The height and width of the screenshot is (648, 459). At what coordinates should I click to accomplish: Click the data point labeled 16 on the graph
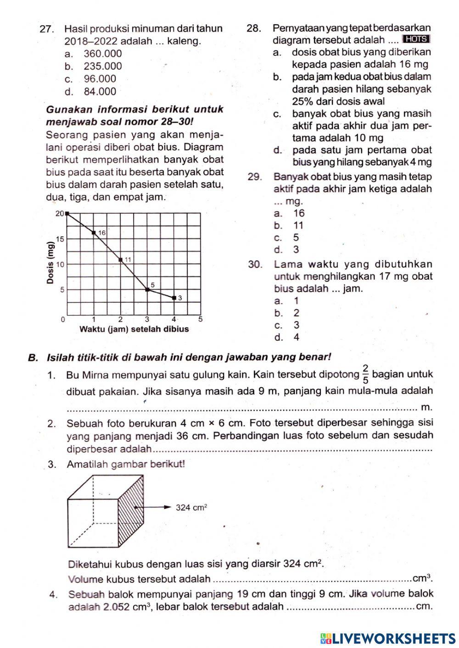94,233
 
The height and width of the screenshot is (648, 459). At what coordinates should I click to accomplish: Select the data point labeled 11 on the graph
121,260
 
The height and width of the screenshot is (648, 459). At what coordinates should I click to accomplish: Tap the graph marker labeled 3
174,298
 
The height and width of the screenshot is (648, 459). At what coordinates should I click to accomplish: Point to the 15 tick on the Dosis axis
60,239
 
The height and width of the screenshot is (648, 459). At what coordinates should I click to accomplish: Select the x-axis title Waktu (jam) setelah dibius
134,329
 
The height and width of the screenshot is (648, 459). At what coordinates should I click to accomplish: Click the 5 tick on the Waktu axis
201,319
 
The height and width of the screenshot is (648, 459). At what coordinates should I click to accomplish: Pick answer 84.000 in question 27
100,91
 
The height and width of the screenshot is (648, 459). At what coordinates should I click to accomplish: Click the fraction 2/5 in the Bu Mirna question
365,374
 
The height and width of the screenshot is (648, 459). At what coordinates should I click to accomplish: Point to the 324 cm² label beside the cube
192,507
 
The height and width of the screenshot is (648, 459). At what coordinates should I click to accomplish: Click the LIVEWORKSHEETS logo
387,638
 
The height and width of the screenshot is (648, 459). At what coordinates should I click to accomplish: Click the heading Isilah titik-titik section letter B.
32,357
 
